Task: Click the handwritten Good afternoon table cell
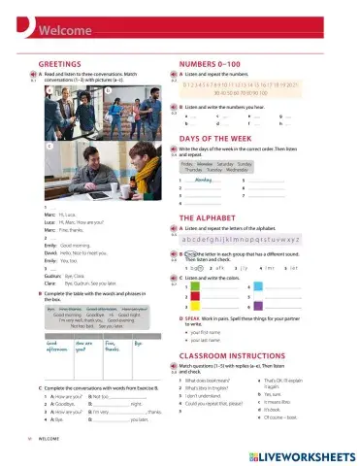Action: point(57,347)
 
